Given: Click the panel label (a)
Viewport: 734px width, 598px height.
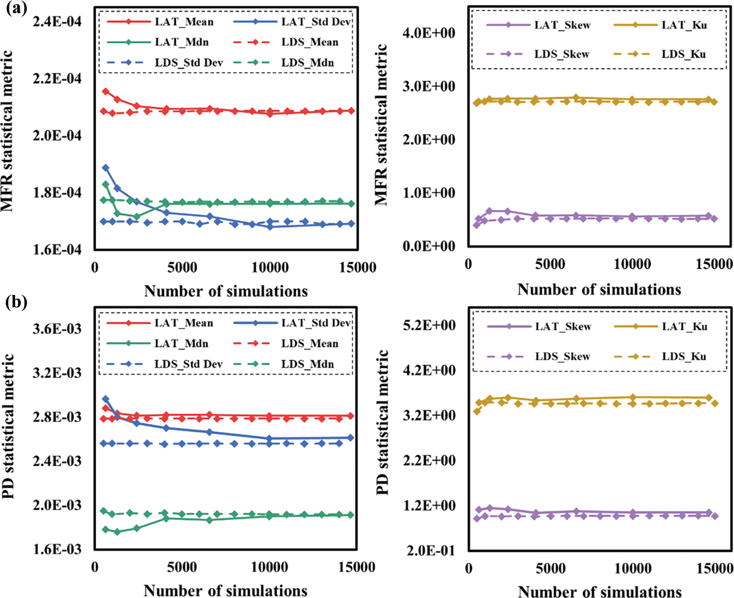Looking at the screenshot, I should [x=16, y=9].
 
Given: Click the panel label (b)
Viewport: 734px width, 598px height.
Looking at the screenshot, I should [x=16, y=303].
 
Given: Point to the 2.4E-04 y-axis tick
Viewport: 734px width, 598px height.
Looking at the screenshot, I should [x=57, y=21].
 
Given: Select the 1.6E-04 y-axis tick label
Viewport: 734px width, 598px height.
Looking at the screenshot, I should [x=57, y=250].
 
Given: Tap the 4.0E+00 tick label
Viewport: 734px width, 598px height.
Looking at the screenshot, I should [x=429, y=33].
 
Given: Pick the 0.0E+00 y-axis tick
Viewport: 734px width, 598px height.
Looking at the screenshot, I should [x=429, y=246].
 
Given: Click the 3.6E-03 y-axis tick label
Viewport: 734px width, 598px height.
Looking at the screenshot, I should [x=57, y=329].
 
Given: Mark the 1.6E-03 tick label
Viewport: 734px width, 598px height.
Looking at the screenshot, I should [x=57, y=550].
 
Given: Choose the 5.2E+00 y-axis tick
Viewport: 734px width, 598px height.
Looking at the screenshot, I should [x=429, y=325].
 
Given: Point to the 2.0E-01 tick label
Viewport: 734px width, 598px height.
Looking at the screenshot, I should [x=429, y=550].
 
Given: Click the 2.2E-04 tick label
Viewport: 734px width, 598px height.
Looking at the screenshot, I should [x=57, y=79].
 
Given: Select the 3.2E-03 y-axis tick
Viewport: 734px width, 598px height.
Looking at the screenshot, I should [x=57, y=373].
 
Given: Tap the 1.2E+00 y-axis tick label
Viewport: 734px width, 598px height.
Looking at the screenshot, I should [x=429, y=506].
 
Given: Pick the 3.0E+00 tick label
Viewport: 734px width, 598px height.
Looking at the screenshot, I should [x=429, y=86].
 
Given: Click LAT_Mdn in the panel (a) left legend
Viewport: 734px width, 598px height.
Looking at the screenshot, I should [x=181, y=42].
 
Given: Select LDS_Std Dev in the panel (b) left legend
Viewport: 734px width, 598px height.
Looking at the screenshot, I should [x=188, y=364].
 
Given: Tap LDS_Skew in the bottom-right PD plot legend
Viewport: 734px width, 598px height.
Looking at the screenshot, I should [x=562, y=357].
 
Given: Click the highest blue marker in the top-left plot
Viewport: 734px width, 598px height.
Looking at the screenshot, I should [x=105, y=168].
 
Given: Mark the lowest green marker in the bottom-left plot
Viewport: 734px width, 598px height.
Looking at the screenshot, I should [x=117, y=532].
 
